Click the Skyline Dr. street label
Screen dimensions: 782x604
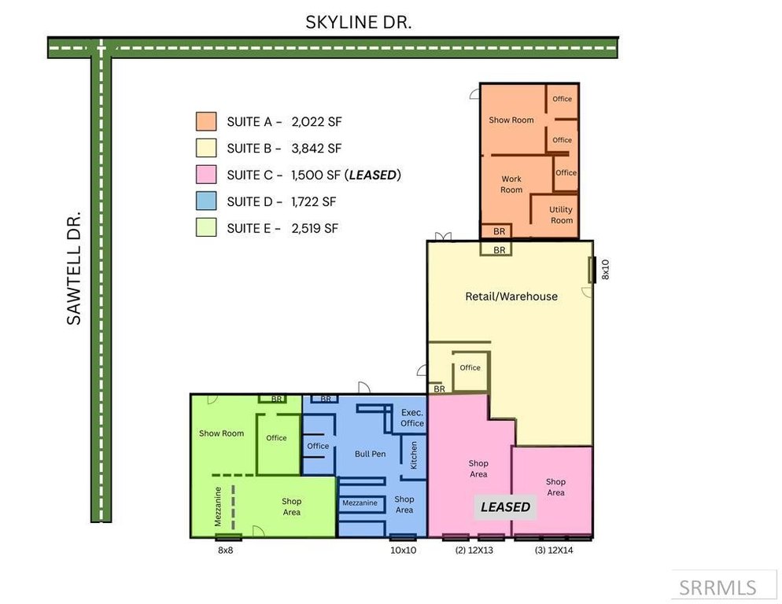click(359, 22)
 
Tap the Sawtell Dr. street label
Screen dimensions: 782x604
click(74, 268)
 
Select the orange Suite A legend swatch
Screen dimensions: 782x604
click(206, 122)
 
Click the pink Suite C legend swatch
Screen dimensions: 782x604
click(206, 175)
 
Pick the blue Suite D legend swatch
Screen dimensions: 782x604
click(206, 201)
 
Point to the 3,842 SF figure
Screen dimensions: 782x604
click(317, 148)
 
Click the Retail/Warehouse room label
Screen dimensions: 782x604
click(511, 296)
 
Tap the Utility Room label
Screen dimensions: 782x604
click(561, 215)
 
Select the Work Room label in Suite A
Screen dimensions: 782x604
click(511, 184)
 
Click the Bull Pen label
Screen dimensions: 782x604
click(370, 454)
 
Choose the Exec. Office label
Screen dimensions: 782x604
click(412, 418)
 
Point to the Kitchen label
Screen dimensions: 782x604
click(414, 455)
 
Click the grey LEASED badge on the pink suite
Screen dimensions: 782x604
click(505, 507)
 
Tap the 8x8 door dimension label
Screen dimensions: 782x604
click(226, 551)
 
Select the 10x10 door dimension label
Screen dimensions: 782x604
click(403, 551)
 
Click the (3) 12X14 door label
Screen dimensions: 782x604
click(554, 551)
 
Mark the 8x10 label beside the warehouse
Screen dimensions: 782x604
click(606, 269)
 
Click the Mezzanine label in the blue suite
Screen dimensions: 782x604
click(360, 503)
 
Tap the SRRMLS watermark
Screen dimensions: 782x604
click(717, 588)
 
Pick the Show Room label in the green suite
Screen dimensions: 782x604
click(221, 433)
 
